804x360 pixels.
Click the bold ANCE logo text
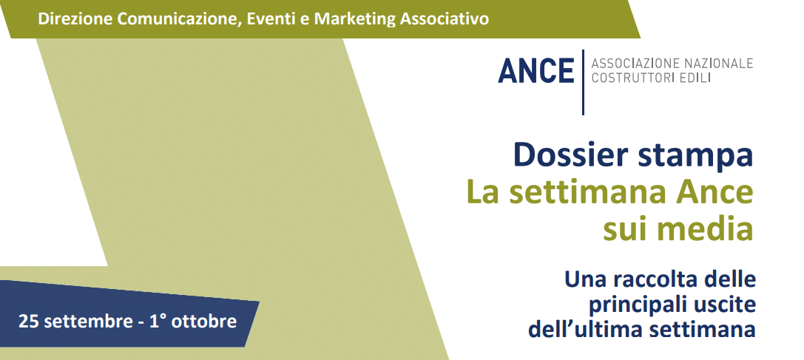pyautogui.click(x=536, y=71)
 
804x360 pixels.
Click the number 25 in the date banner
pyautogui.click(x=27, y=322)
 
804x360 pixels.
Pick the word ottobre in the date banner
pyautogui.click(x=204, y=322)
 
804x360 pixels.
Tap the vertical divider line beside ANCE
pyautogui.click(x=583, y=82)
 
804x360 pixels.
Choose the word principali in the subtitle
pyautogui.click(x=629, y=306)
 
